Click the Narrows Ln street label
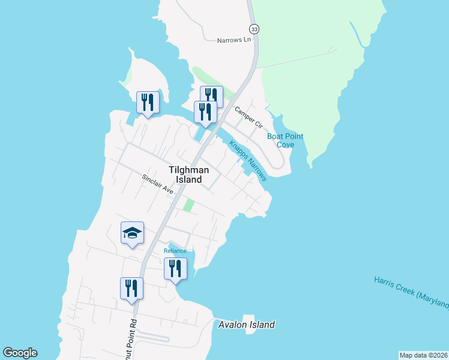point(234,40)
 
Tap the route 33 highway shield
point(254,29)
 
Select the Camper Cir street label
point(249,117)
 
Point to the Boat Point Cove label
point(285,140)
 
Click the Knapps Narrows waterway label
point(247,160)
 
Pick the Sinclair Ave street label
point(158,184)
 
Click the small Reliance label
point(175,251)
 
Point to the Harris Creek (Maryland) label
point(411,292)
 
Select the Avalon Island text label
point(246,325)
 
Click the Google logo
point(20,353)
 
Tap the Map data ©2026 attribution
point(423,355)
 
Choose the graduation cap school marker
point(133,233)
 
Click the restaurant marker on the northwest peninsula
point(148,102)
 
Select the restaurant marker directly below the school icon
point(131,288)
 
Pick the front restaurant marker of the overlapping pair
point(205,112)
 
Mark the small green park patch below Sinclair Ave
point(188,205)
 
